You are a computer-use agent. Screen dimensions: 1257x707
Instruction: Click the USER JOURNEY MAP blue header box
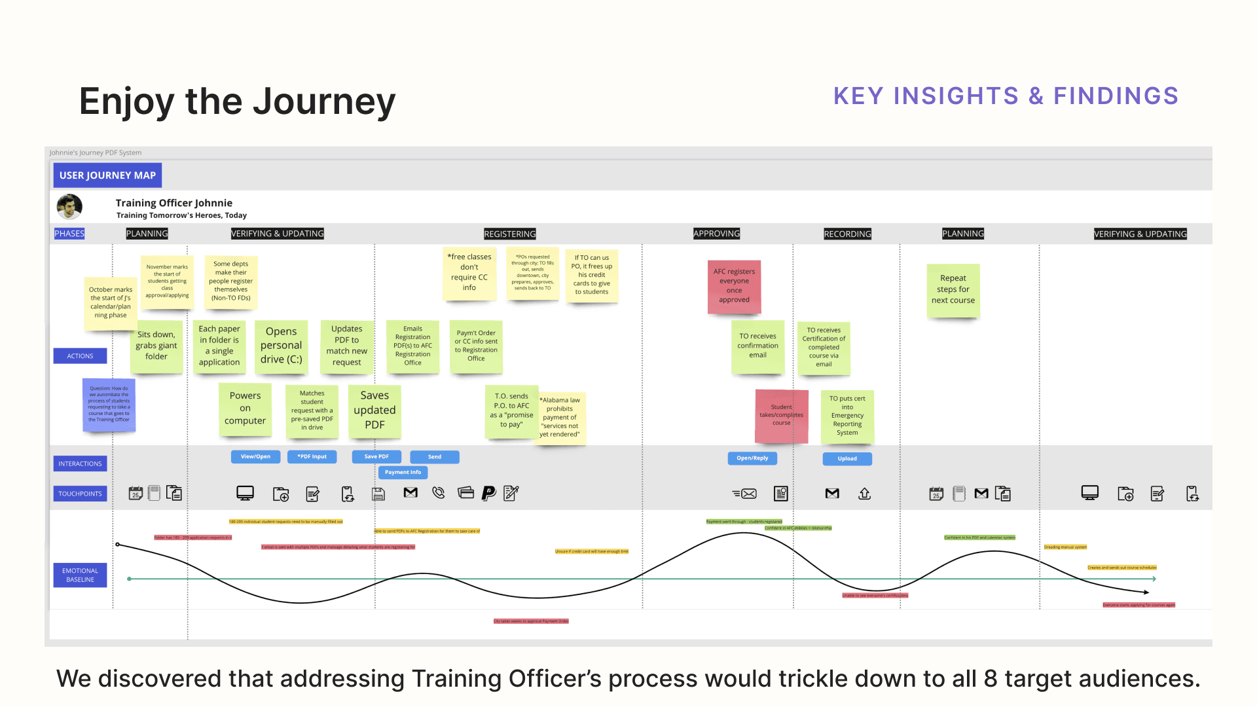tap(107, 175)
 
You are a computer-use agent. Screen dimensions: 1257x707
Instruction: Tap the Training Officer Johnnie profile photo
tap(69, 207)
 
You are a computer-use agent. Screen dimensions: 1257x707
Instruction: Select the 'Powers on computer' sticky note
tap(245, 408)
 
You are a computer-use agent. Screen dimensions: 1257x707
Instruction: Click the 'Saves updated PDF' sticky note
tap(374, 410)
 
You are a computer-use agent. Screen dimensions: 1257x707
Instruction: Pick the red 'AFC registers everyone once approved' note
tap(734, 286)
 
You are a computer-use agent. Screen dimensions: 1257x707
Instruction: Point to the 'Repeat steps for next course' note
tap(953, 289)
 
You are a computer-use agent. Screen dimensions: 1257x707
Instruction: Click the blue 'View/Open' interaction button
tap(255, 457)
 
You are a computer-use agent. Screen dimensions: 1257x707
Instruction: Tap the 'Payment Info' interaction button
tap(403, 473)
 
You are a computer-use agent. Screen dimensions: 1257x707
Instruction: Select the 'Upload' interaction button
tap(847, 459)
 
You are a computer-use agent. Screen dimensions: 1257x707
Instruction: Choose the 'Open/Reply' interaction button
tap(752, 458)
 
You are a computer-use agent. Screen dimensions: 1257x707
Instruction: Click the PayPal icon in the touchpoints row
tap(488, 494)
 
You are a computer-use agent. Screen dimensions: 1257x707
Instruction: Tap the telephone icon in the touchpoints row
tap(439, 494)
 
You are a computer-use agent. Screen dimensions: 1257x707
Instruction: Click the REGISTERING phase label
tap(509, 234)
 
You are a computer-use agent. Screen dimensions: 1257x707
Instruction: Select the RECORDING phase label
tap(847, 234)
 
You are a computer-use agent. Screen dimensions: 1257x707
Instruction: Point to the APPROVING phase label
tap(716, 234)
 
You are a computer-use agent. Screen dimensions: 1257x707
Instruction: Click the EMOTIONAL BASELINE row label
tap(80, 575)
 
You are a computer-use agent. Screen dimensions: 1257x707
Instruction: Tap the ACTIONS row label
tap(80, 356)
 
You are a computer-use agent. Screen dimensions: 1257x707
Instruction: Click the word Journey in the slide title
tap(324, 102)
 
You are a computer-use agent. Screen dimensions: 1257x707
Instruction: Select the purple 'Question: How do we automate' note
tap(109, 405)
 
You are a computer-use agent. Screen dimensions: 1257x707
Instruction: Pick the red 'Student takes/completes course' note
tap(781, 415)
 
